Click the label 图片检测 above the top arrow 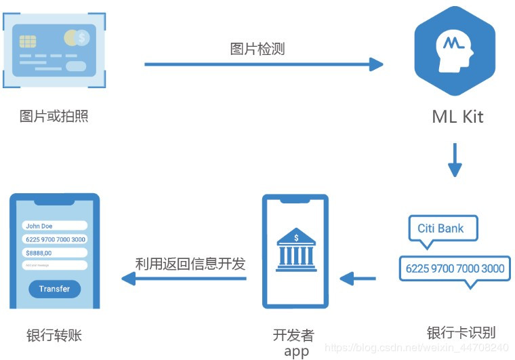click(x=257, y=49)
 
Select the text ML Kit click(x=457, y=116)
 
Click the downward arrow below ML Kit click(x=455, y=159)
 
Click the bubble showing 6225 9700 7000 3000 click(x=454, y=268)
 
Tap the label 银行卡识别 click(x=461, y=332)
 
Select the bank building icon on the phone click(x=295, y=250)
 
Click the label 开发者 click(x=293, y=335)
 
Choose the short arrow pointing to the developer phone click(x=357, y=277)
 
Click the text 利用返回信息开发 click(x=190, y=264)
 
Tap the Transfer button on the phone click(x=54, y=289)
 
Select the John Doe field click(x=54, y=226)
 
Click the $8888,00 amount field click(x=54, y=252)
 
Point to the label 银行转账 click(x=54, y=335)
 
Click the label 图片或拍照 click(x=54, y=116)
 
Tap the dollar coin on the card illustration click(x=82, y=38)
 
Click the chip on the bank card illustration click(x=28, y=41)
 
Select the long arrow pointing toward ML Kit click(x=264, y=65)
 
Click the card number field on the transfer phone click(x=54, y=239)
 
